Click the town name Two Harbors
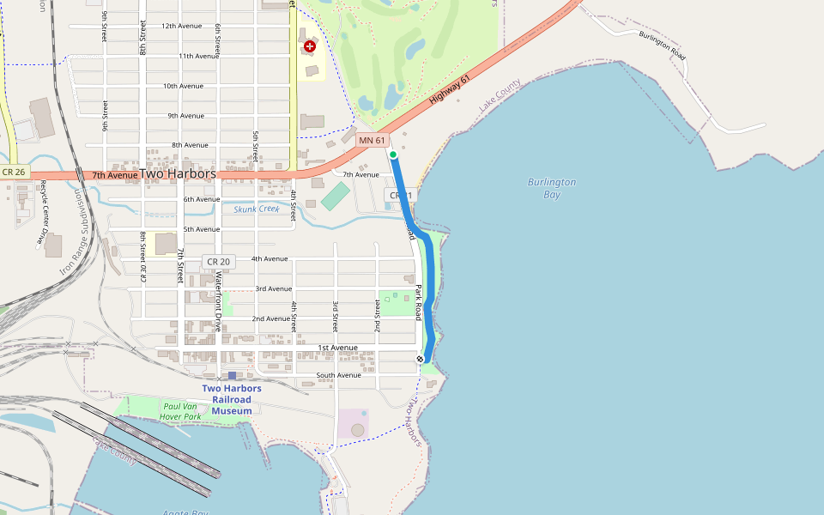pyautogui.click(x=177, y=173)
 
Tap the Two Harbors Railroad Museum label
pyautogui.click(x=233, y=399)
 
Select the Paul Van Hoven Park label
pyautogui.click(x=180, y=411)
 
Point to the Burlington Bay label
pyautogui.click(x=552, y=188)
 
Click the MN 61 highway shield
pyautogui.click(x=373, y=140)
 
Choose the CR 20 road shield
pyautogui.click(x=217, y=261)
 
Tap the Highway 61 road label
pyautogui.click(x=450, y=90)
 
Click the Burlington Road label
pyautogui.click(x=662, y=44)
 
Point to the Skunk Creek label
pyautogui.click(x=257, y=209)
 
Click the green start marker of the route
pyautogui.click(x=393, y=154)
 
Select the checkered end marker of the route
pyautogui.click(x=421, y=359)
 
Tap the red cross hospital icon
pyautogui.click(x=309, y=46)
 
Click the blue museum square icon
pyautogui.click(x=232, y=376)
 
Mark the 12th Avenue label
pyautogui.click(x=182, y=26)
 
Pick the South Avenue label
pyautogui.click(x=338, y=375)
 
